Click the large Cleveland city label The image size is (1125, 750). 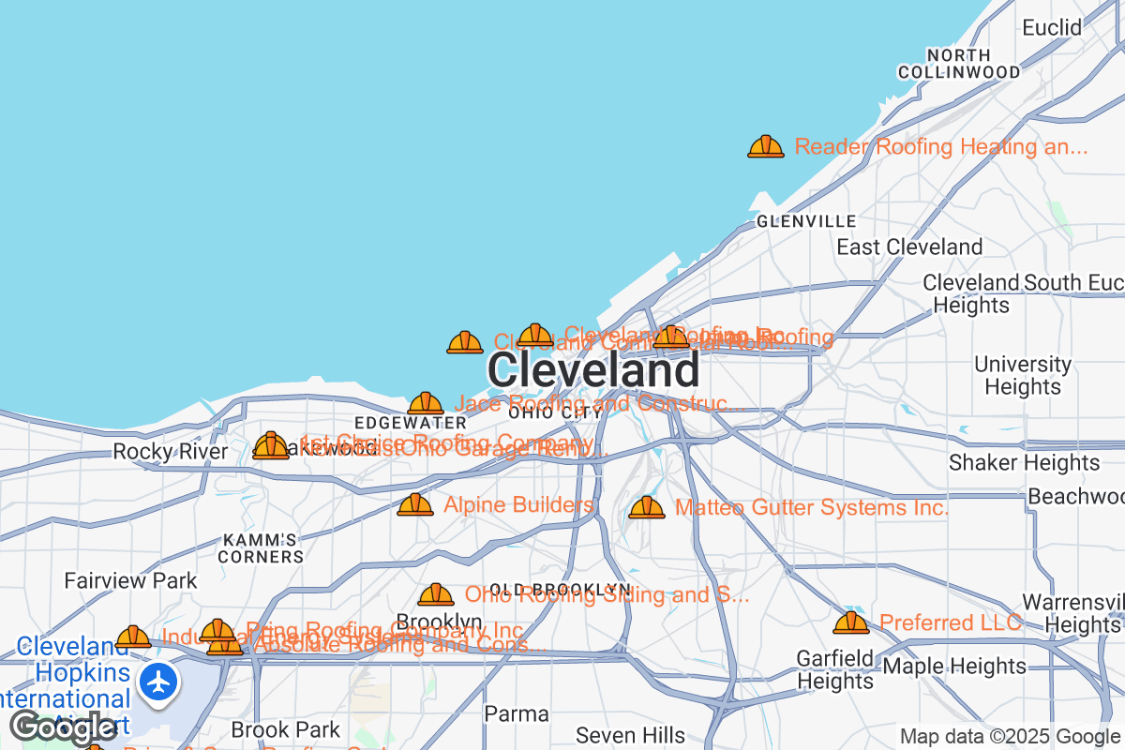point(592,370)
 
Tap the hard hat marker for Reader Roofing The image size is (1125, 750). point(766,146)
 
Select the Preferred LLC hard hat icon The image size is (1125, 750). point(851,622)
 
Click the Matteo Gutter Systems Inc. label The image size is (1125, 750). point(811,508)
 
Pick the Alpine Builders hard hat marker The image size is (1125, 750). point(415,505)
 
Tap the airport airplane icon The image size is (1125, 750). point(160,681)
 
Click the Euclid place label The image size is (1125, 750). point(1052,27)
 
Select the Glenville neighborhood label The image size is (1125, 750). point(806,221)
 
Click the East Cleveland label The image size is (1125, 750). point(909,247)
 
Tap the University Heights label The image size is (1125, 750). point(1023,375)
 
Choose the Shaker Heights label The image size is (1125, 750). point(1024,462)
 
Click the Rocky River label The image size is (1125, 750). point(170,452)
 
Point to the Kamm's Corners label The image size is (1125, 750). point(262,548)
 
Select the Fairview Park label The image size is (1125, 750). point(131,580)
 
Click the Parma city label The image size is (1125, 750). point(517,713)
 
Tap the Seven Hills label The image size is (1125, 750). point(631,734)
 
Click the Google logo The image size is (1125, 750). point(64,727)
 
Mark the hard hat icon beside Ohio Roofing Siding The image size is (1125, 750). point(436,594)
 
